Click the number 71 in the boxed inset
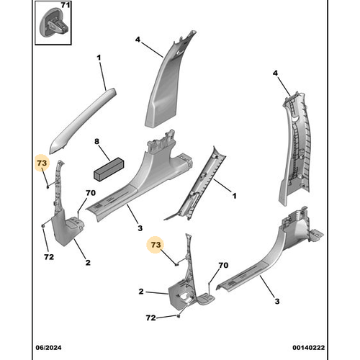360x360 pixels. [65, 5]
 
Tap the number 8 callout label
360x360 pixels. [96, 141]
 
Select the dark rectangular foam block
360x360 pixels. [109, 169]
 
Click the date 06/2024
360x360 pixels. [48, 348]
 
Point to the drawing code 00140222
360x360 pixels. [308, 348]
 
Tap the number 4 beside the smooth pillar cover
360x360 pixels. [138, 40]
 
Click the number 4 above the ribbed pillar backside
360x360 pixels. [275, 73]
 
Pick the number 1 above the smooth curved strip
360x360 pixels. [99, 58]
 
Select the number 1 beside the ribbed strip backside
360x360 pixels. [234, 196]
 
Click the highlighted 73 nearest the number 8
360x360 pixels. [42, 163]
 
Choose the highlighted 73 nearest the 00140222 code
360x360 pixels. [156, 245]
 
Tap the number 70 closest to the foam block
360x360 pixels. [91, 193]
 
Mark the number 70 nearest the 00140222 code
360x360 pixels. [223, 265]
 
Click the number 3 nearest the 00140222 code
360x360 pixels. [277, 301]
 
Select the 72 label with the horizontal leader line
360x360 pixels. [150, 318]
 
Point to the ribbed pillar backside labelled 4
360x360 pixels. [295, 146]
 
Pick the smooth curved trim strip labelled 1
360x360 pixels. [83, 120]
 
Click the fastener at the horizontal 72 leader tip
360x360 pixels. [179, 316]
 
